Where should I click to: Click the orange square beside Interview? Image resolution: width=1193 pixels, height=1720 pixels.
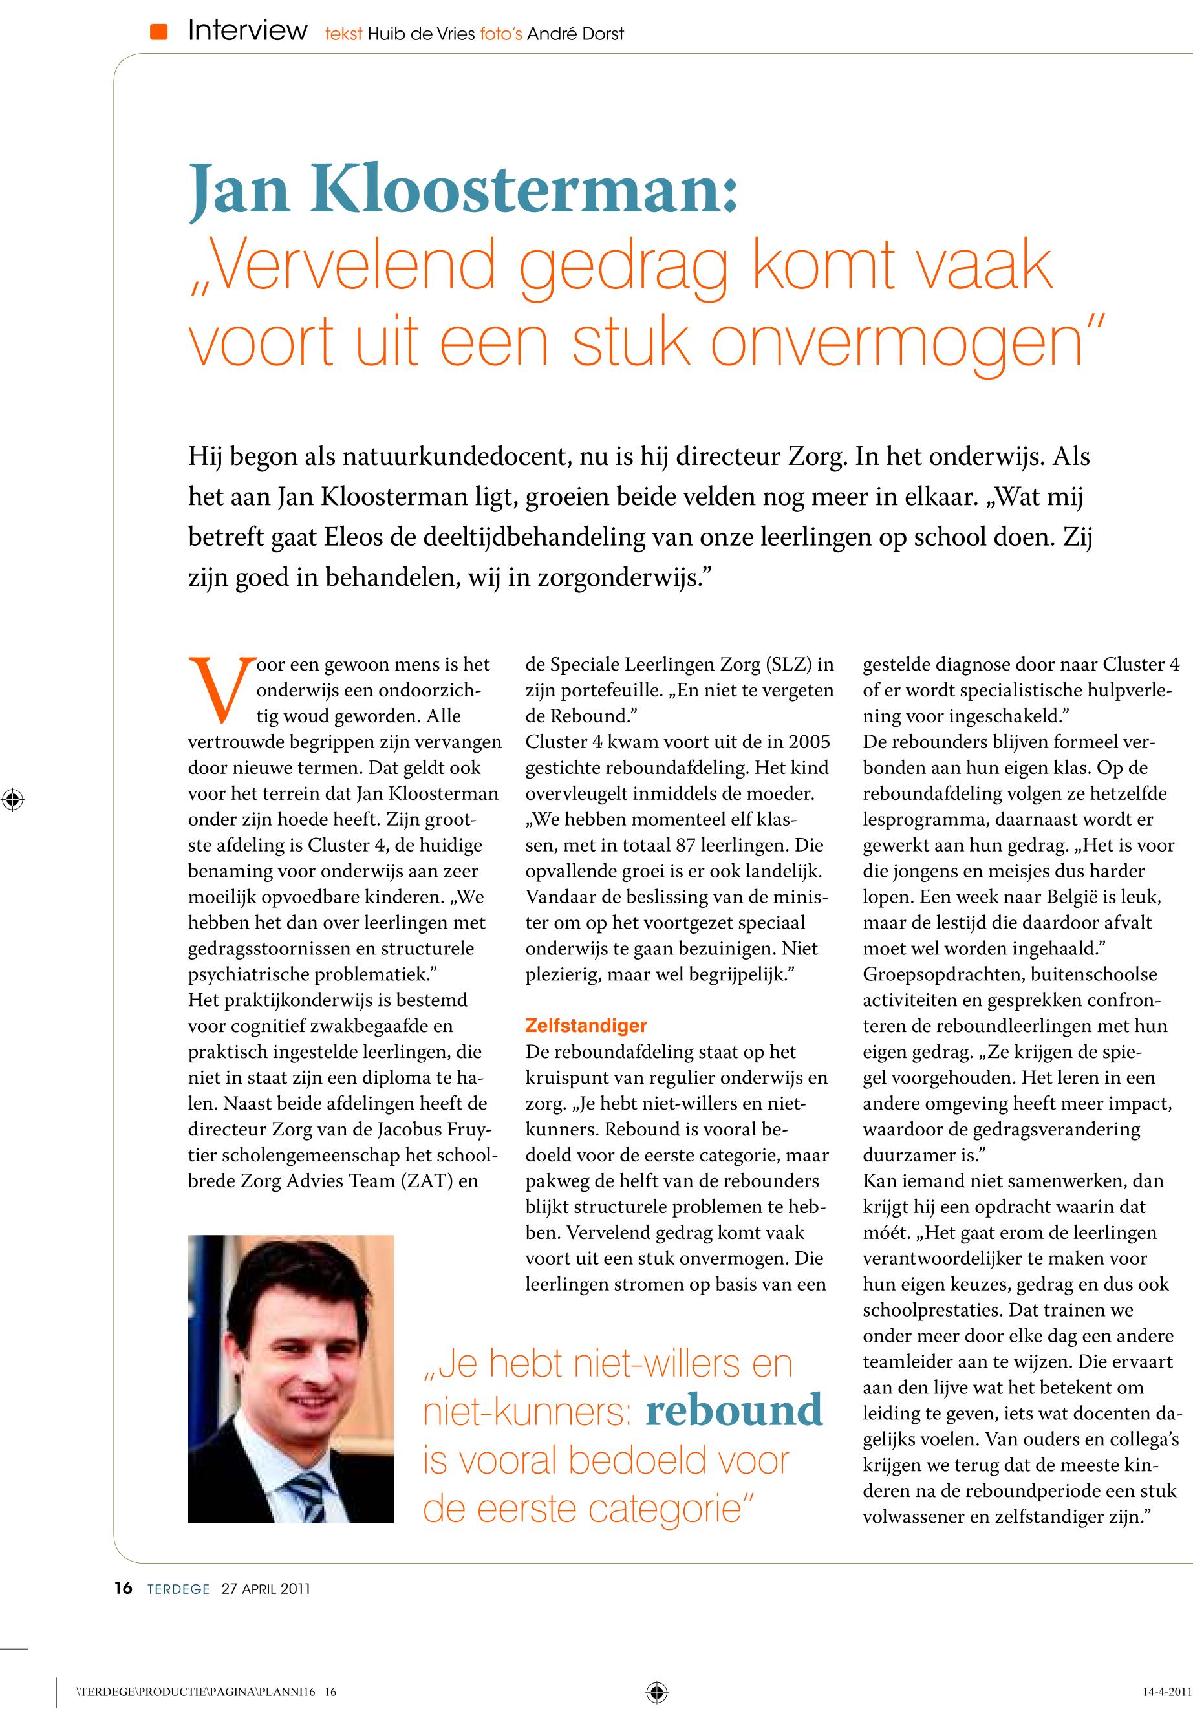coord(158,32)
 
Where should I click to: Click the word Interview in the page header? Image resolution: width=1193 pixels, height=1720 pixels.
coord(248,30)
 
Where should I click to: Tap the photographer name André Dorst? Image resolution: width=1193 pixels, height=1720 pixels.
coord(575,34)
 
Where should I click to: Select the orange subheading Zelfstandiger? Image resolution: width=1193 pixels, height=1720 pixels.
coord(586,1026)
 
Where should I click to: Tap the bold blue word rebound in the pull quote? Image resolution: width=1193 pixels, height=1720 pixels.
coord(733,1410)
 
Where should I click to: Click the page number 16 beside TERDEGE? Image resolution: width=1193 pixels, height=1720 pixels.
coord(124,1589)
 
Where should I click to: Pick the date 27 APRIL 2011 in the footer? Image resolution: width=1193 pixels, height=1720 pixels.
coord(265,1589)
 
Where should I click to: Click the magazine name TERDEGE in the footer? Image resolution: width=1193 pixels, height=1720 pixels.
coord(178,1589)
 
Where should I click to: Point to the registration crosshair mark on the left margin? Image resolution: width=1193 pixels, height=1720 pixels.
coord(13,799)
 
